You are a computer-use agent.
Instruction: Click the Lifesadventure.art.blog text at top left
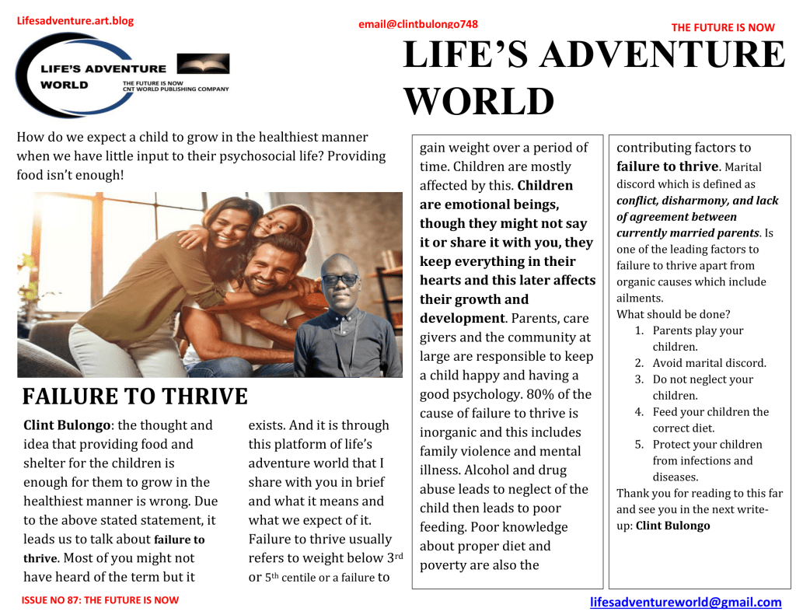75,21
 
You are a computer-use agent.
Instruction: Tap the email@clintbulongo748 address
418,24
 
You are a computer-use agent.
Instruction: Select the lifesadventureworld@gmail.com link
686,602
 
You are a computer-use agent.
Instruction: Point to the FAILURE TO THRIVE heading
134,397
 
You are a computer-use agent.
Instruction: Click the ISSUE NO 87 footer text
99,600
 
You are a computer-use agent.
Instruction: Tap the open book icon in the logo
203,64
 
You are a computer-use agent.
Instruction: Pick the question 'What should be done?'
673,314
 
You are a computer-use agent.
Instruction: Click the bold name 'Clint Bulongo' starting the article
68,425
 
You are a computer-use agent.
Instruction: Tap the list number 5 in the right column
639,445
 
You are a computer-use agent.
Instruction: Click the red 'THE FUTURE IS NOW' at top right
723,27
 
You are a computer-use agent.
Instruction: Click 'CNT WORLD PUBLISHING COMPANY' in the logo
176,89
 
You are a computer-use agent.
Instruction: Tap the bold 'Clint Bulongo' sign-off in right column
672,526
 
